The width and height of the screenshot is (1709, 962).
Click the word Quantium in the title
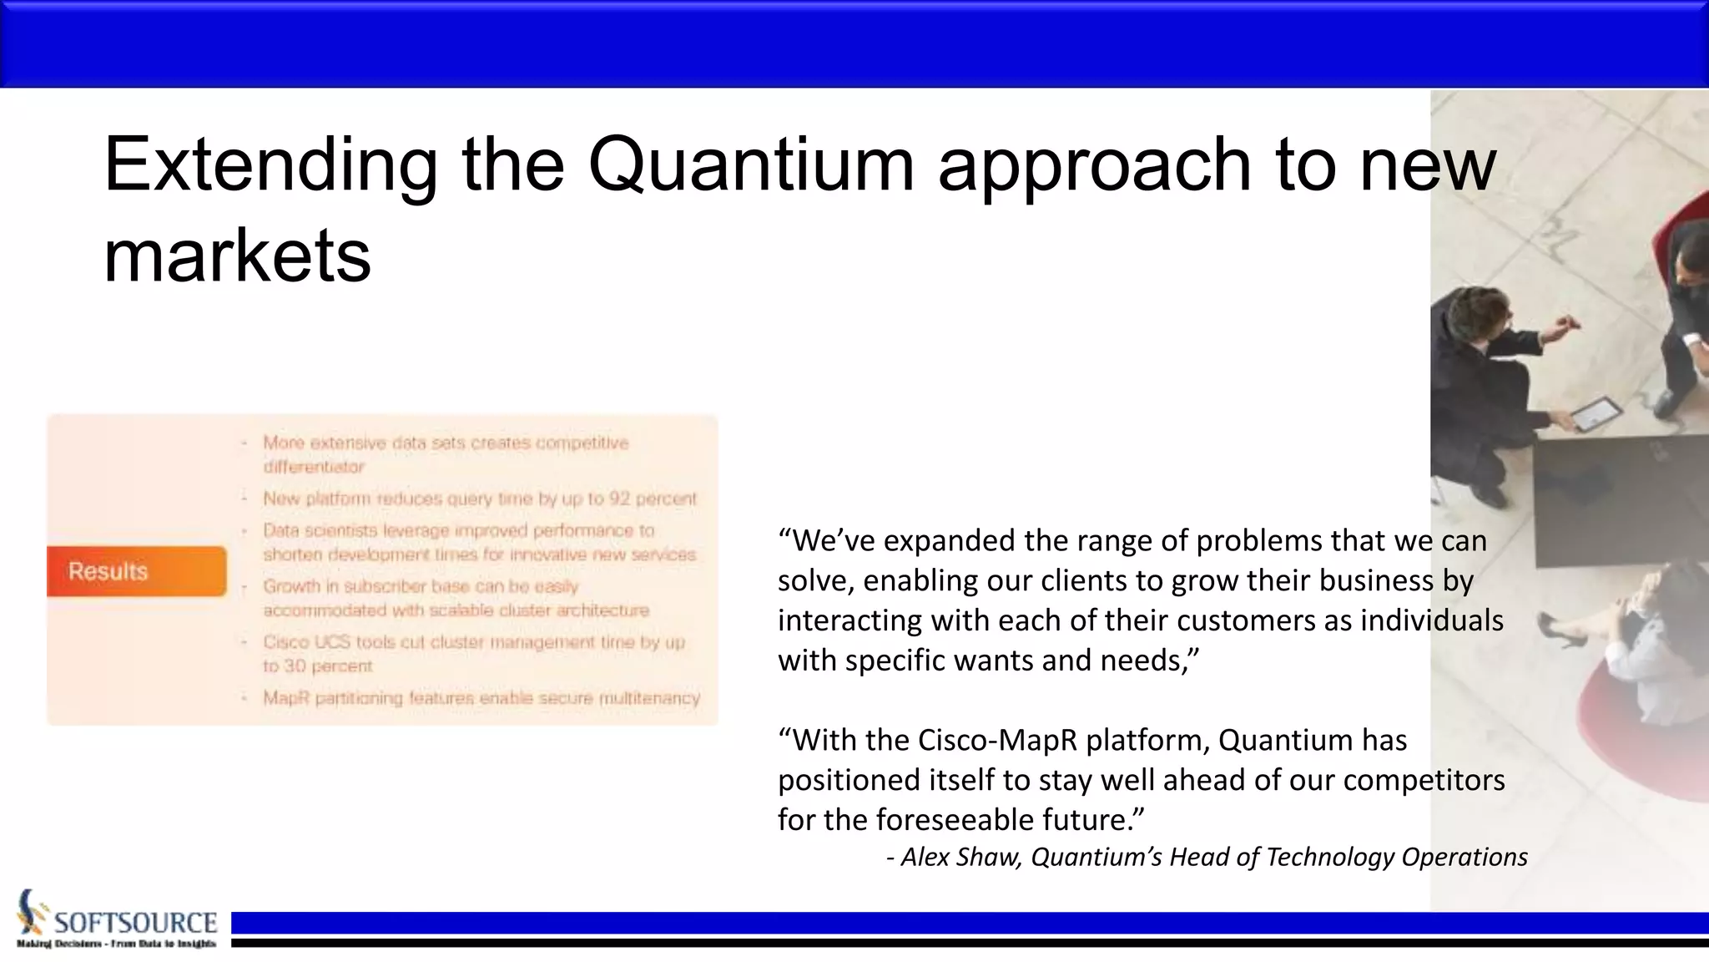point(751,165)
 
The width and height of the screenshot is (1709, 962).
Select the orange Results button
point(136,571)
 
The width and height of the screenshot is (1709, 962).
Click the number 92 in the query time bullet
point(619,499)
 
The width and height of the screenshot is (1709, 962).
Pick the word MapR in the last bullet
point(286,697)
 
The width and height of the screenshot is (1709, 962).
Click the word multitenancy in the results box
point(650,697)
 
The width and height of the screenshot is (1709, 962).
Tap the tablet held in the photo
point(1596,413)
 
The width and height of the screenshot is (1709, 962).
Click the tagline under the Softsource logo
point(116,944)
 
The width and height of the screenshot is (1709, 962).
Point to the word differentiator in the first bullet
point(314,467)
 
